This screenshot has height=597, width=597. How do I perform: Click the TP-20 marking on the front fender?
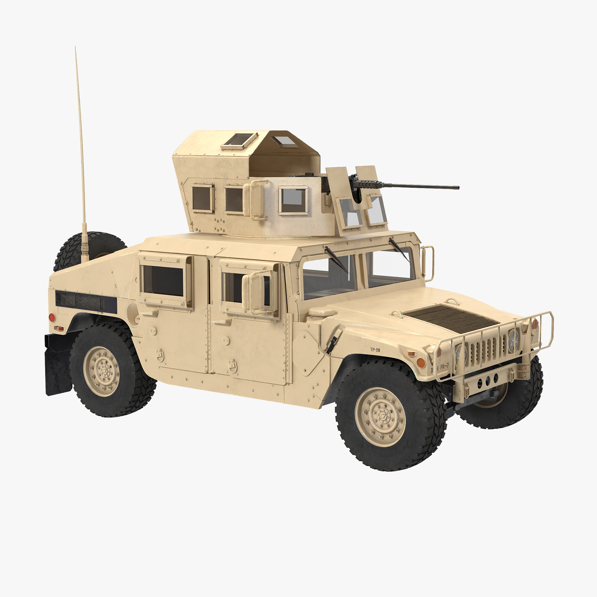pos(375,350)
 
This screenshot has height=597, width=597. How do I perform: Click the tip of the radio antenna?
pos(75,48)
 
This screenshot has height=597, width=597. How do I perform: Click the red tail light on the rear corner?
pos(52,317)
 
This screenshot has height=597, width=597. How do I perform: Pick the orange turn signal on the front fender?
pos(421,362)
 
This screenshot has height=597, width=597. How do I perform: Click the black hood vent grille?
pos(451,318)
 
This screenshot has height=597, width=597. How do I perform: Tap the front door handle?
pos(222,322)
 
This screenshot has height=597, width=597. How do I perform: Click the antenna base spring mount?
pos(85,247)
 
